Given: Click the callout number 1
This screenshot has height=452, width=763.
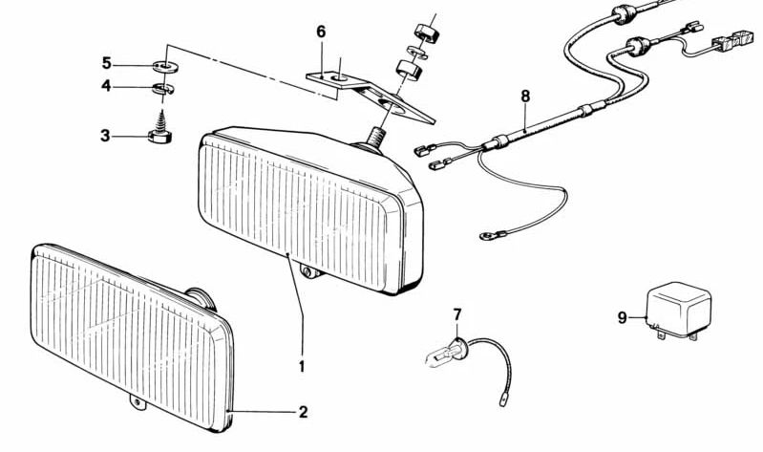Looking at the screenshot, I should [302, 365].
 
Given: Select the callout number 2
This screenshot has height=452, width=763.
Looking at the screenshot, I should [303, 413].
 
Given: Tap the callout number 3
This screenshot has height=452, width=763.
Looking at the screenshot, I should [105, 136].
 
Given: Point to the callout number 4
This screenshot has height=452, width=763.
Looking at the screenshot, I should [106, 87].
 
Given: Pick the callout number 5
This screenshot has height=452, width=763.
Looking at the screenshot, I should [106, 63].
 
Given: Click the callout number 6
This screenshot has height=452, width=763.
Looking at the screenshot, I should [321, 32].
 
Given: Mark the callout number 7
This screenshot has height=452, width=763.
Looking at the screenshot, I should [456, 314].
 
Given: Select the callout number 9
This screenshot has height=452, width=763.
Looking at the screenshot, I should [622, 317].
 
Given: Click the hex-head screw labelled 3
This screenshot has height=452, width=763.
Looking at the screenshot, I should [159, 131].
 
